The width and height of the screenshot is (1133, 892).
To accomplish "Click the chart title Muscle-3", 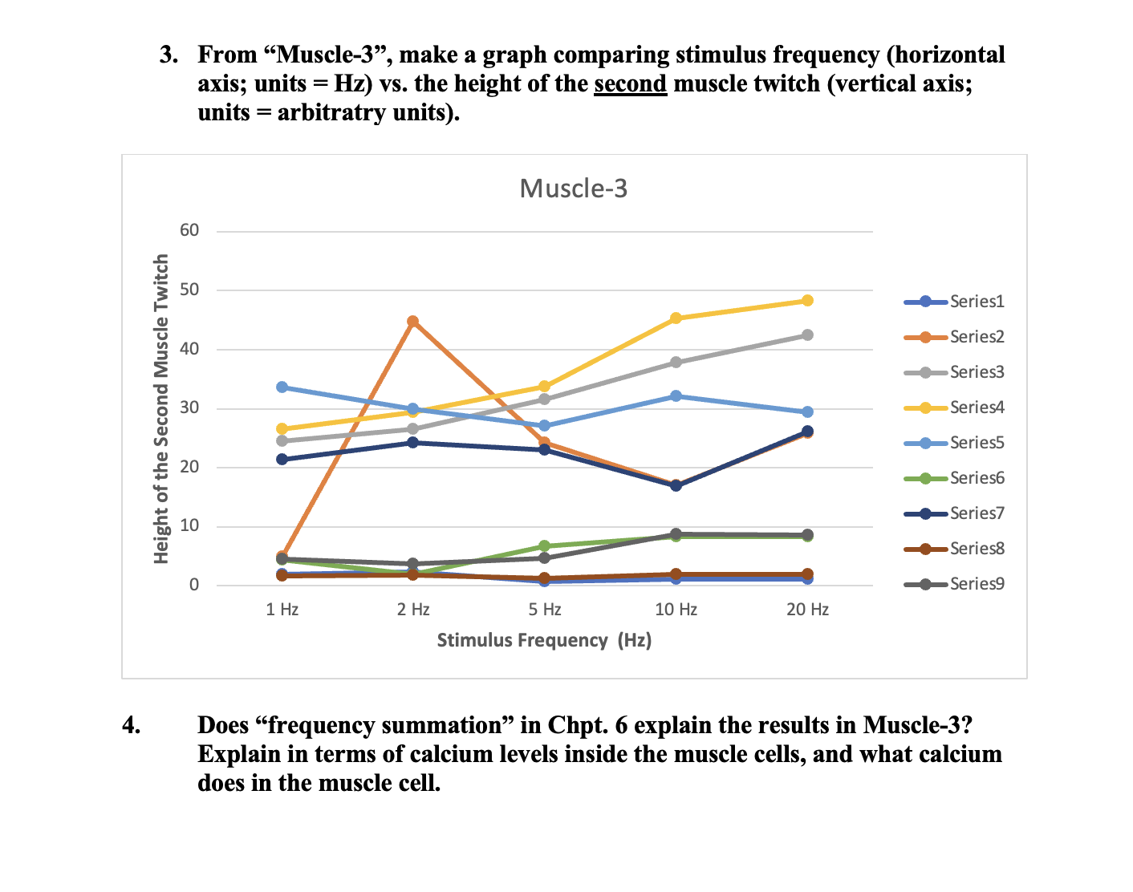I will click(x=573, y=189).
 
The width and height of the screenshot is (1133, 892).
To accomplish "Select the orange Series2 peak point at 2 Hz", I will click(x=412, y=322).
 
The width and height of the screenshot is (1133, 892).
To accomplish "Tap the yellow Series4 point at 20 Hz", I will click(x=807, y=301).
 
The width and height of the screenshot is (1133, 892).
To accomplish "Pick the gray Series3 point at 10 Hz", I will click(x=676, y=363).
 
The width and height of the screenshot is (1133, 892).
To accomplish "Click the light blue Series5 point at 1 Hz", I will click(x=282, y=387).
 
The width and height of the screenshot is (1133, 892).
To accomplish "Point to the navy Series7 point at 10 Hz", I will click(x=676, y=485).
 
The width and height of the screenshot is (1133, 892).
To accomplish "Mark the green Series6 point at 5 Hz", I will click(x=544, y=546).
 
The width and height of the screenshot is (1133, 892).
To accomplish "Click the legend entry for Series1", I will click(x=954, y=302).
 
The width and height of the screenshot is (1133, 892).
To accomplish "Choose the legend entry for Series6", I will click(x=954, y=478).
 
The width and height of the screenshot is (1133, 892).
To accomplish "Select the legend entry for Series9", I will click(x=954, y=584).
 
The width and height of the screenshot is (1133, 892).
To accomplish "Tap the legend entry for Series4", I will click(x=954, y=407).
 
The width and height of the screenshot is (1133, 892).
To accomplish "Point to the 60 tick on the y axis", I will click(x=189, y=231).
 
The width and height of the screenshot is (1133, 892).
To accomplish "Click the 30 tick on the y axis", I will click(x=189, y=408).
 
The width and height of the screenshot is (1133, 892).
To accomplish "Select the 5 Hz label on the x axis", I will click(x=544, y=610).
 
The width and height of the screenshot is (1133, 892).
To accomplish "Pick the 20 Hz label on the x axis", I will click(x=807, y=610).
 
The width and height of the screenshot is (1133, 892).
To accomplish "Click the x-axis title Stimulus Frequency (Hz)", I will click(x=544, y=640).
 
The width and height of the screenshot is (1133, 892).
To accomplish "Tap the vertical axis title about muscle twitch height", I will click(x=162, y=408).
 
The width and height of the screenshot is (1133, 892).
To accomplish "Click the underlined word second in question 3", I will click(x=630, y=83).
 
